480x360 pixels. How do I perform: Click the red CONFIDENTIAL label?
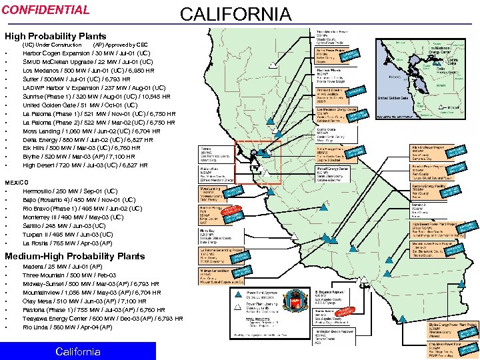tap(45, 10)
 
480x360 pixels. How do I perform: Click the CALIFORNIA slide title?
tap(236, 14)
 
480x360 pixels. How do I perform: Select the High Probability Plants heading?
tap(55, 36)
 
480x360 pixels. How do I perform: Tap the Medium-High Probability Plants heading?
tap(75, 256)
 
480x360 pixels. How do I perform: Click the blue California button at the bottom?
tap(78, 351)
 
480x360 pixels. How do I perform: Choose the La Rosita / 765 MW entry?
tap(67, 243)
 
